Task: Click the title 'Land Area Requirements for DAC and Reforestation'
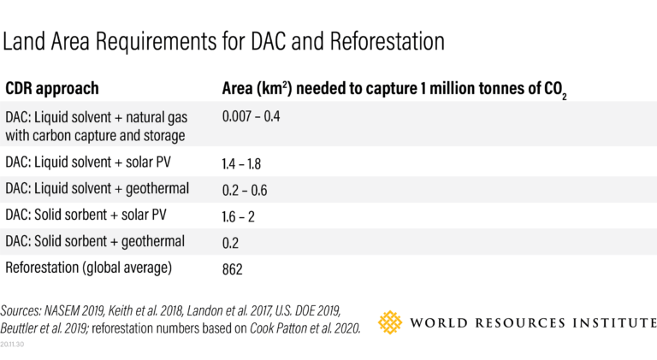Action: (225, 42)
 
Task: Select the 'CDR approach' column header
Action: (52, 89)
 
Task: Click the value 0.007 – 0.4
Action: (251, 115)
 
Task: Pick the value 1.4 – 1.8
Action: (242, 162)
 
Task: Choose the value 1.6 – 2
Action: (239, 216)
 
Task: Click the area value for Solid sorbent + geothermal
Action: (230, 243)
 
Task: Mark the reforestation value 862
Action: (233, 269)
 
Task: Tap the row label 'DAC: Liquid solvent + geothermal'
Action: (97, 188)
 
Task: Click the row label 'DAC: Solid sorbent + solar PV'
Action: (88, 215)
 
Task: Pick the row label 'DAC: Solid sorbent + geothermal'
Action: (94, 242)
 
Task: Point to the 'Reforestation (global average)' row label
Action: (89, 269)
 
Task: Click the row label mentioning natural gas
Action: (96, 126)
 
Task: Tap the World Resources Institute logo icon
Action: (390, 322)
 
